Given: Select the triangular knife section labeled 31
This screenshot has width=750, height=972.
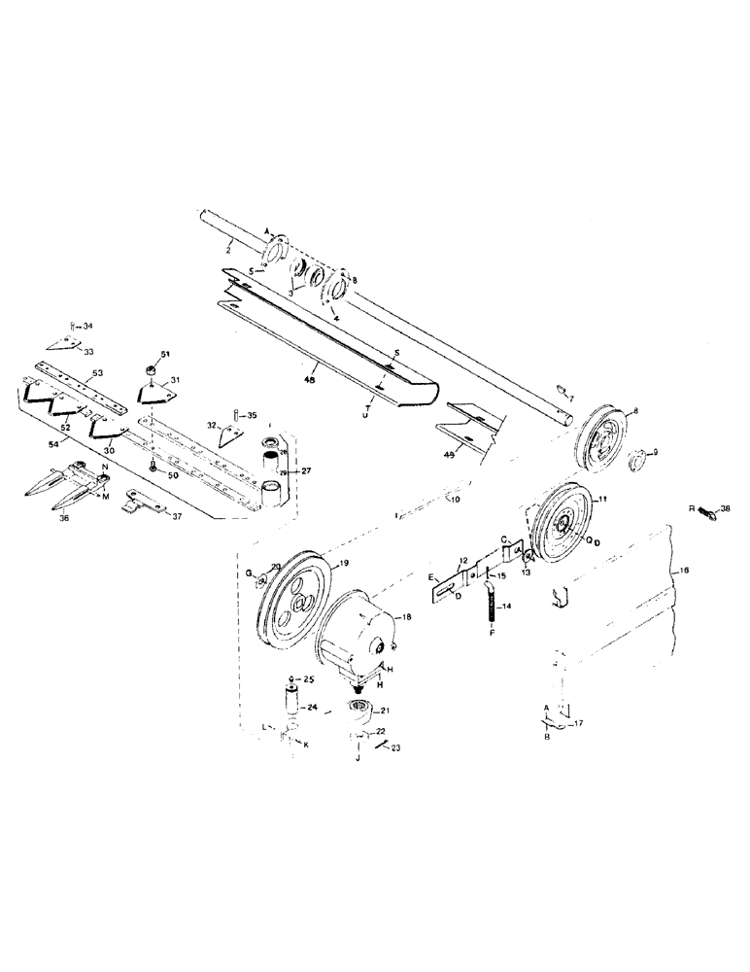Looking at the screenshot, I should pyautogui.click(x=155, y=395).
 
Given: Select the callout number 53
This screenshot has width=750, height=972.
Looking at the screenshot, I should pyautogui.click(x=97, y=374).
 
